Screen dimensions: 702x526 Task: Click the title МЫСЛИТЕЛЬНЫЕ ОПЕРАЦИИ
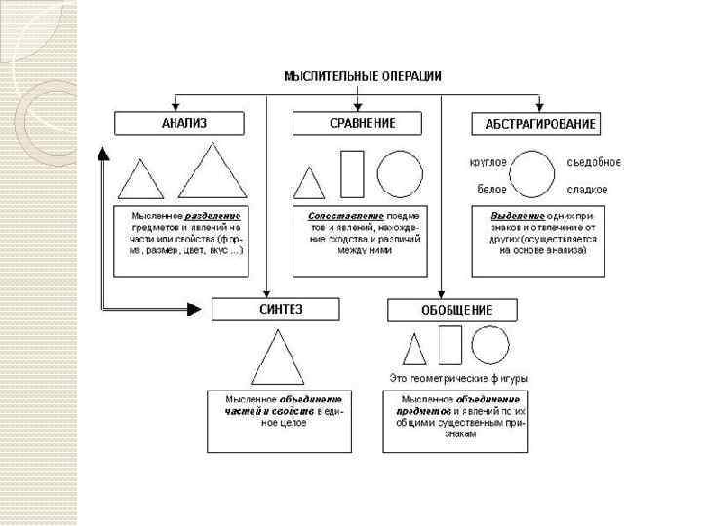click(362, 75)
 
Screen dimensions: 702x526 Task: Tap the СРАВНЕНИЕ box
click(357, 123)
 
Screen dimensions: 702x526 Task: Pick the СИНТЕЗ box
click(276, 309)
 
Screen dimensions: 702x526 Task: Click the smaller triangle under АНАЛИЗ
click(140, 179)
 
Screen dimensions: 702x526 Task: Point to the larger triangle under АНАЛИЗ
click(214, 172)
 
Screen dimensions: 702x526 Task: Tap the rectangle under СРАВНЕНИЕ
click(351, 173)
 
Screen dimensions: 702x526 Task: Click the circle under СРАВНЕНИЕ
click(401, 173)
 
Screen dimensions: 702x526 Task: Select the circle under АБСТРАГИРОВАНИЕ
click(533, 174)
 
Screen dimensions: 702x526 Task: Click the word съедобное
click(594, 162)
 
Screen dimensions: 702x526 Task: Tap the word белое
click(490, 189)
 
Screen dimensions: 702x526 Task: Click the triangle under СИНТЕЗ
click(277, 357)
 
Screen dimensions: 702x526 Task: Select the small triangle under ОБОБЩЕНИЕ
click(414, 349)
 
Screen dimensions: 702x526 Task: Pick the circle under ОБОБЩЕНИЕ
click(490, 345)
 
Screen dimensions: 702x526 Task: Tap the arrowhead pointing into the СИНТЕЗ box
click(205, 310)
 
